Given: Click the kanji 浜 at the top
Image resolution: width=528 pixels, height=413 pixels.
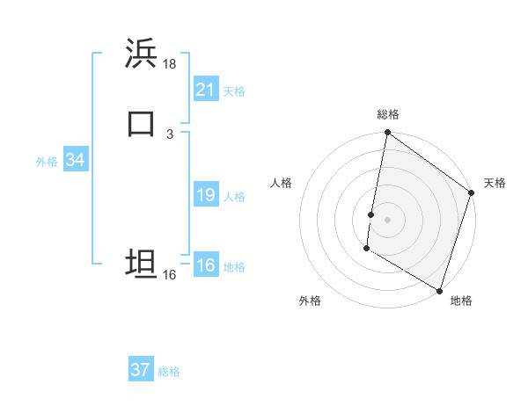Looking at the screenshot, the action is [x=141, y=54].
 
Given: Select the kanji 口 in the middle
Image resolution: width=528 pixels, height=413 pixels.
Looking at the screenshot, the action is [x=141, y=124].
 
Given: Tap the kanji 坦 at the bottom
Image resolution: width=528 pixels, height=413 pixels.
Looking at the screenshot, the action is [x=141, y=264].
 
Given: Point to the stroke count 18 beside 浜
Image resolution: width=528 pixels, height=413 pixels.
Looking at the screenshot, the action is [x=170, y=64].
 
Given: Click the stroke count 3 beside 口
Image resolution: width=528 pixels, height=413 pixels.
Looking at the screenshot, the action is [x=169, y=134].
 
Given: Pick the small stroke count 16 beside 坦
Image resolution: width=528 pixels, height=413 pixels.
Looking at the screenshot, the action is [x=169, y=275].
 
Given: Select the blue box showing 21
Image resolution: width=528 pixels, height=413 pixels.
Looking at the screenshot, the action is [x=206, y=89].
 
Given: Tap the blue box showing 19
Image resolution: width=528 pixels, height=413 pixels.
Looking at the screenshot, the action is [x=206, y=195].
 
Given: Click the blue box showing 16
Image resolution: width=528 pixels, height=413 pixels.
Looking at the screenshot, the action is [x=206, y=265].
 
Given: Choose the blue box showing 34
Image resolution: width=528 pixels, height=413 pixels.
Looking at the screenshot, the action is [x=75, y=160].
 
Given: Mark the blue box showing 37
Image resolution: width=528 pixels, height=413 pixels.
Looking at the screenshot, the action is [x=141, y=370].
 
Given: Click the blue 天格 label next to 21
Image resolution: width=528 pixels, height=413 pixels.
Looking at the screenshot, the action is [x=233, y=91].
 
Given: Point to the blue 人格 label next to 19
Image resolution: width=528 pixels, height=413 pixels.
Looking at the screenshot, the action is [x=233, y=197].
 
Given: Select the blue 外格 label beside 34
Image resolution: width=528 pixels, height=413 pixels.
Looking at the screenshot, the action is [x=47, y=162].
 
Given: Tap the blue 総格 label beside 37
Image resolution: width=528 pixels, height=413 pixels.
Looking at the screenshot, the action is [x=169, y=372].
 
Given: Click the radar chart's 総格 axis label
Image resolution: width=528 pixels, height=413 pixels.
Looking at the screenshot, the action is [x=388, y=114].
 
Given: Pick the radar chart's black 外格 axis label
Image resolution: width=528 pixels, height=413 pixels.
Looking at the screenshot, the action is [x=310, y=301].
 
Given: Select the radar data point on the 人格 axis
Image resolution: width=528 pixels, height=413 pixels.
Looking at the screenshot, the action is [x=371, y=214].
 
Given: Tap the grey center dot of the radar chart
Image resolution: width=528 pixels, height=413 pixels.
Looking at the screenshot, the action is [x=388, y=219].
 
